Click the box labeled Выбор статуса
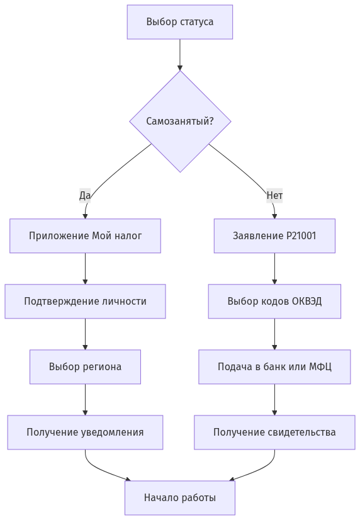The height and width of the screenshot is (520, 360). (179, 22)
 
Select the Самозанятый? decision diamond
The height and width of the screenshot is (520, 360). (180, 121)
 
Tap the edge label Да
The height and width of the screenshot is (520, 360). (85, 196)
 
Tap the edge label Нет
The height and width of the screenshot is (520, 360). (274, 196)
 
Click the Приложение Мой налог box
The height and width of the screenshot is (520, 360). (85, 236)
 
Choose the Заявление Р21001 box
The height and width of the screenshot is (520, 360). (274, 236)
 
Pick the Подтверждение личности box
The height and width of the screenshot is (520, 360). (85, 302)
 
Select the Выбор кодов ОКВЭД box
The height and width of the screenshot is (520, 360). (274, 302)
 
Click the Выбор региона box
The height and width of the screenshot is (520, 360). (85, 367)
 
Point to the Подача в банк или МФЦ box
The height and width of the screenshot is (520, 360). (274, 367)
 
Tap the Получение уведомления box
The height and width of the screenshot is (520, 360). (85, 432)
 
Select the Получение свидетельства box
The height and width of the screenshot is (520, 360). (274, 432)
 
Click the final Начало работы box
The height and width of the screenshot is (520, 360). (179, 498)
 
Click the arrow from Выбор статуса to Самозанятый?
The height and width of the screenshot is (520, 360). (180, 55)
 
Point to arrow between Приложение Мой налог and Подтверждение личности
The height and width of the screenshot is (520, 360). (85, 269)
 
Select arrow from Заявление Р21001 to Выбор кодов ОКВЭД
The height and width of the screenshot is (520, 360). (274, 269)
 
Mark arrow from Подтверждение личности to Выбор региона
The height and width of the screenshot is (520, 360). (85, 334)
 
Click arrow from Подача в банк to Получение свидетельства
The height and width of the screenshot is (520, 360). (274, 400)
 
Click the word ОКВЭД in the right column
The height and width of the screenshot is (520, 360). (307, 302)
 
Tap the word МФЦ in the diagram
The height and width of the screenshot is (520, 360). (320, 367)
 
